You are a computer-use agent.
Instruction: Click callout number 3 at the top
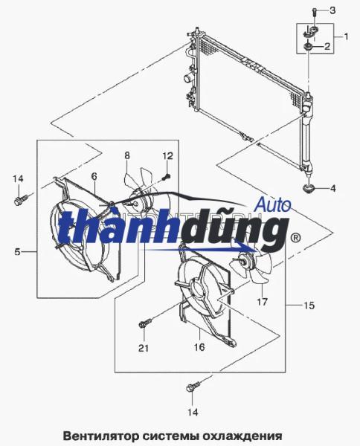pyautogui.click(x=333, y=10)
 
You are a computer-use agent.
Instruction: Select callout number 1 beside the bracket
pyautogui.click(x=345, y=36)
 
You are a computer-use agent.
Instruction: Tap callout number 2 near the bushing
pyautogui.click(x=329, y=47)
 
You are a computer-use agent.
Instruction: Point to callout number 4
pyautogui.click(x=333, y=188)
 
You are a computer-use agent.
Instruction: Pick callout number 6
pyautogui.click(x=94, y=176)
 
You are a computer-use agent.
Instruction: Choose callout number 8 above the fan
pyautogui.click(x=126, y=155)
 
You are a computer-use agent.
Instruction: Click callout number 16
pyautogui.click(x=199, y=346)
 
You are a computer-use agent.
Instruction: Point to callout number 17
pyautogui.click(x=262, y=302)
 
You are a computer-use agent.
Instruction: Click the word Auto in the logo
pyautogui.click(x=272, y=202)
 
